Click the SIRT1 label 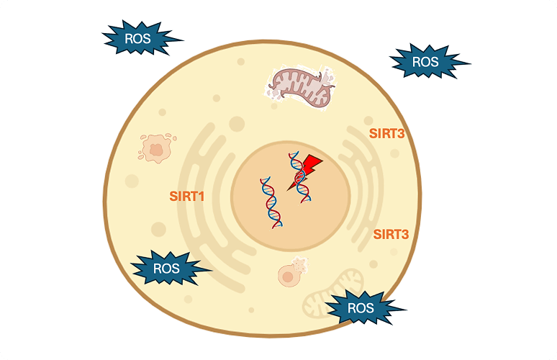click(187, 195)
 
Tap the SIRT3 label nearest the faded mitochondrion click(391, 234)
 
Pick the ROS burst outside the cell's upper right click(425, 62)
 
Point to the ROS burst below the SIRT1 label click(167, 269)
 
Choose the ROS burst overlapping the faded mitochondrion click(361, 308)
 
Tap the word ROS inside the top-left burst click(137, 39)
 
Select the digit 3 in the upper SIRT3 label click(402, 133)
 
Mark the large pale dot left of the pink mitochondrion click(236, 125)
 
